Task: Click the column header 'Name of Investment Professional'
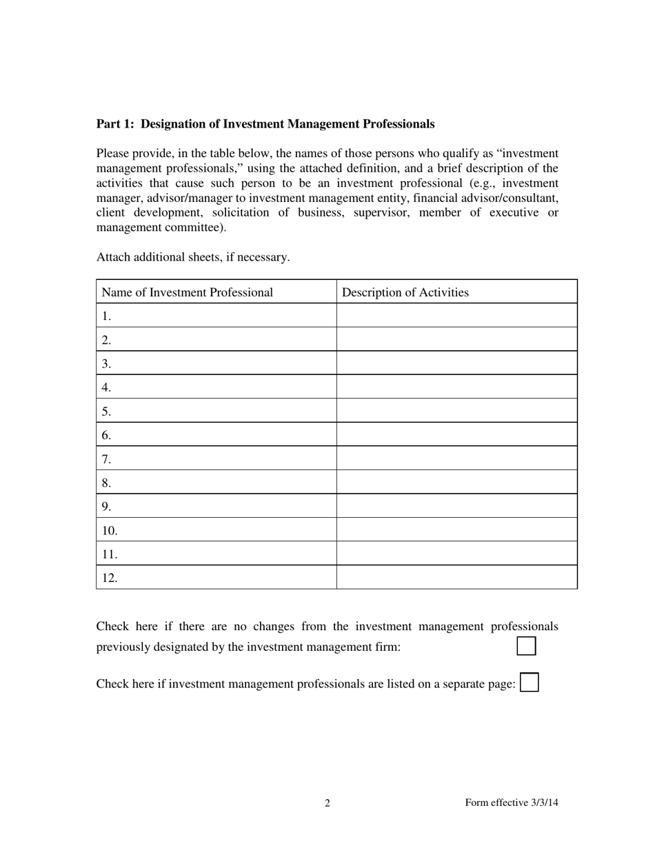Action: [x=188, y=292]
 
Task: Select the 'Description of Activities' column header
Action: [x=405, y=292]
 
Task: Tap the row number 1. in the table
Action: [x=106, y=316]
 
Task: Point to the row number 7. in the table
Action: [x=106, y=459]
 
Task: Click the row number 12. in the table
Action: [x=110, y=578]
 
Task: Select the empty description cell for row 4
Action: [x=456, y=387]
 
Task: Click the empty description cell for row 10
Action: [x=456, y=530]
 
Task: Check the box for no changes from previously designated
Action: [x=526, y=646]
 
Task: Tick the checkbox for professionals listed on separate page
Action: [x=529, y=683]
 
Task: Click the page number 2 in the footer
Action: [x=327, y=802]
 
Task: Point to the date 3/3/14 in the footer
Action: [x=544, y=802]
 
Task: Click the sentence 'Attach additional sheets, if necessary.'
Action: [x=193, y=257]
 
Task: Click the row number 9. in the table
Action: [x=106, y=507]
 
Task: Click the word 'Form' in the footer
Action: [x=477, y=802]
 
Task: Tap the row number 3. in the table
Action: [x=106, y=363]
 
